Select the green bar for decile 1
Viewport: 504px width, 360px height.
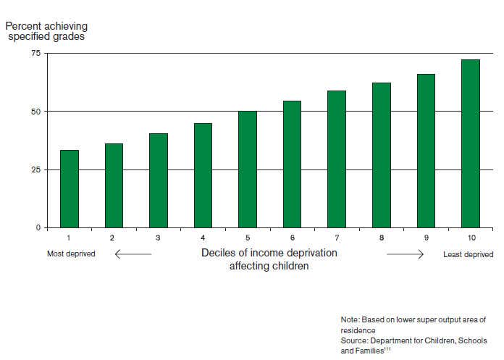[70, 189]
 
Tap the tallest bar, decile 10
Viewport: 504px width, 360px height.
[471, 143]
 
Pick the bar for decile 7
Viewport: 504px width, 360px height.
[337, 159]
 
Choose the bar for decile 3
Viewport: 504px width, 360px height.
[159, 180]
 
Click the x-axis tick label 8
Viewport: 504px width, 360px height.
[382, 238]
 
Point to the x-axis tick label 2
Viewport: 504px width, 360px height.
[114, 238]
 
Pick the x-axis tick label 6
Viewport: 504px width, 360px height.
[293, 238]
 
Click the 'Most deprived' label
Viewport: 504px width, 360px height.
[71, 254]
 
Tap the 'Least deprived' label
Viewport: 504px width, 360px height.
[468, 254]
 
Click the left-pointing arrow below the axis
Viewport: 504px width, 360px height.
[133, 254]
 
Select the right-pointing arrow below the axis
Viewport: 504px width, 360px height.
[405, 254]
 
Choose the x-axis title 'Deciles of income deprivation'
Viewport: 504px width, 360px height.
[269, 254]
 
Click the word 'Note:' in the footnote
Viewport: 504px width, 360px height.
[350, 319]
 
